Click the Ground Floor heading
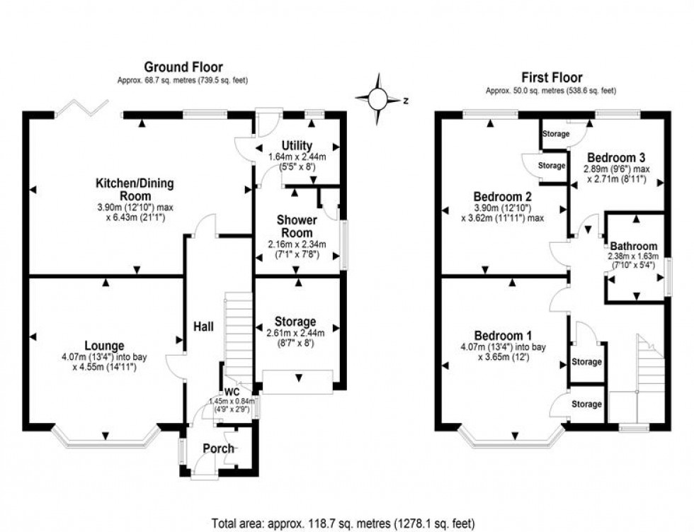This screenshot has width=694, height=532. tap(183, 68)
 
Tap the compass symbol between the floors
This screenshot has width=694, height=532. tap(379, 98)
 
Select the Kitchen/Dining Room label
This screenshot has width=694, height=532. tap(135, 190)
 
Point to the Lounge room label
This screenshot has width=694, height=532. tap(106, 346)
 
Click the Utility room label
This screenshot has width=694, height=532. tap(297, 146)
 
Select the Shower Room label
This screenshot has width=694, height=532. tap(297, 226)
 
